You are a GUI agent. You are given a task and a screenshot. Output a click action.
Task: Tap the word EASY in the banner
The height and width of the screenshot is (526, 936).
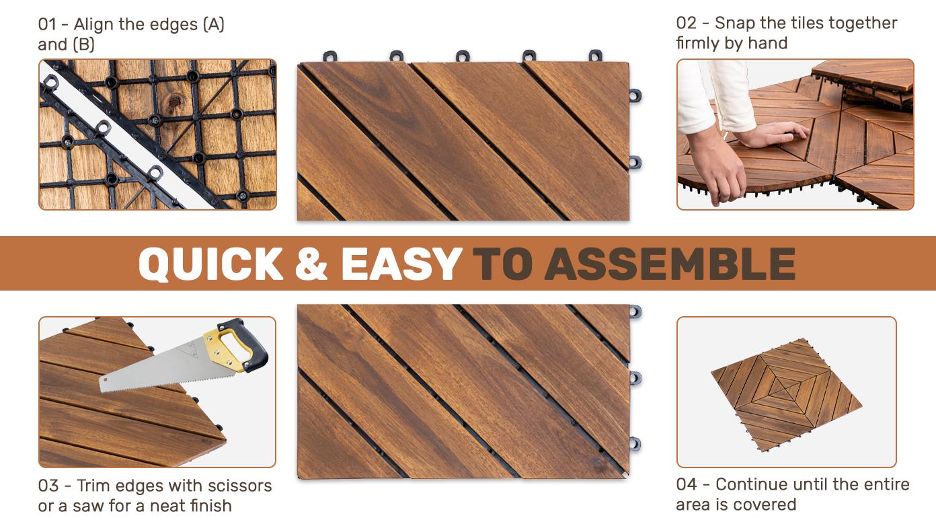401,264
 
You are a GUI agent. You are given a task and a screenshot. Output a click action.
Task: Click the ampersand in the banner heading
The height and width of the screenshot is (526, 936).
311,264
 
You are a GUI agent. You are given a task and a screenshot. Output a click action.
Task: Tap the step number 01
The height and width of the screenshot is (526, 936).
47,25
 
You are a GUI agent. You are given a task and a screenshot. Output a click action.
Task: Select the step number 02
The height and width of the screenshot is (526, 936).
686,24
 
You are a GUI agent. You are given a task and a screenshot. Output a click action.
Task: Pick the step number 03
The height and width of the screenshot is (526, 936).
48,486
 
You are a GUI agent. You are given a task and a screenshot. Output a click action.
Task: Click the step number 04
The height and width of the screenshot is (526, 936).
687,484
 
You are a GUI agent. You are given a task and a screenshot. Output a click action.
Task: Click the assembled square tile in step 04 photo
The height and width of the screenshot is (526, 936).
785,395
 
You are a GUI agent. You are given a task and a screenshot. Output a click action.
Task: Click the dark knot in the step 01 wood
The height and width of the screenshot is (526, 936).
174,101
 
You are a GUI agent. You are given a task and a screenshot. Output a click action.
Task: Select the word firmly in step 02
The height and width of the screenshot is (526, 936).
696,44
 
